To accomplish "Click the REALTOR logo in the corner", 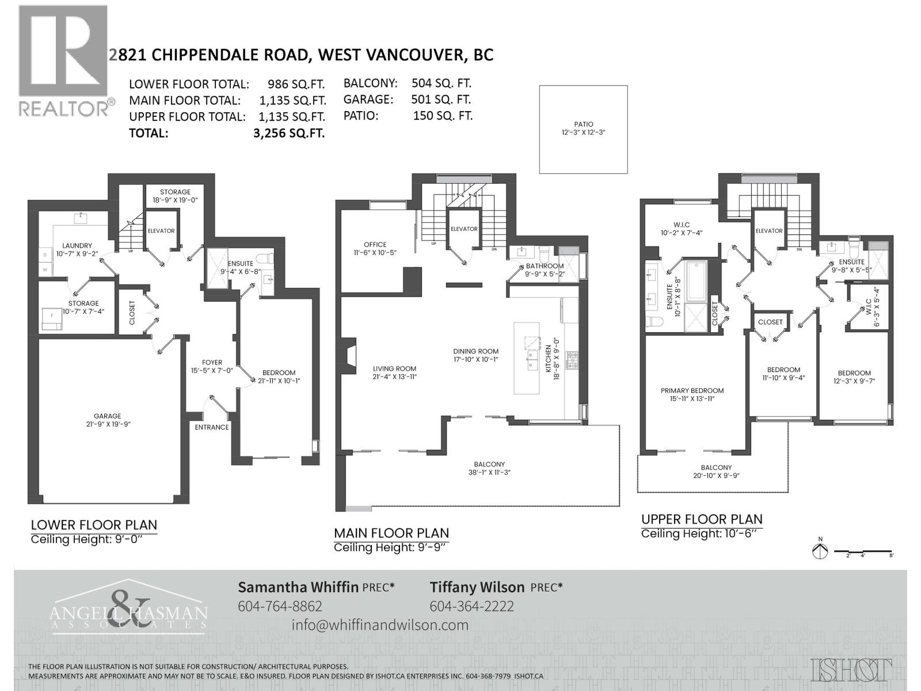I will [x=63, y=60].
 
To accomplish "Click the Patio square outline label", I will [x=583, y=128].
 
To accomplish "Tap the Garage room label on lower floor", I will [x=108, y=420].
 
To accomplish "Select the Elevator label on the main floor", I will [x=464, y=229].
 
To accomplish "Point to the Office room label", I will [x=375, y=248].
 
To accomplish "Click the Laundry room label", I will [x=77, y=249].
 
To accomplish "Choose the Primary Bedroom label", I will [x=692, y=394].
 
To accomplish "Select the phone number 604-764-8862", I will [x=280, y=606].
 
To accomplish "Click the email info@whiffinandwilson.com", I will [x=380, y=625].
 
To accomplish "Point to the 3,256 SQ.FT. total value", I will [x=289, y=133].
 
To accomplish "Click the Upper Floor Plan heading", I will [x=702, y=519].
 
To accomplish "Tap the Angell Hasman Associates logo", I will [x=128, y=608].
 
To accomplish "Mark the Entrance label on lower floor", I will [x=212, y=427].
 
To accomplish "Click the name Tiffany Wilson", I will [x=477, y=587].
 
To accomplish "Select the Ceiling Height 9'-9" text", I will [x=390, y=547].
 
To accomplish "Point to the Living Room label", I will [x=394, y=373].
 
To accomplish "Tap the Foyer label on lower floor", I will [x=212, y=366].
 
